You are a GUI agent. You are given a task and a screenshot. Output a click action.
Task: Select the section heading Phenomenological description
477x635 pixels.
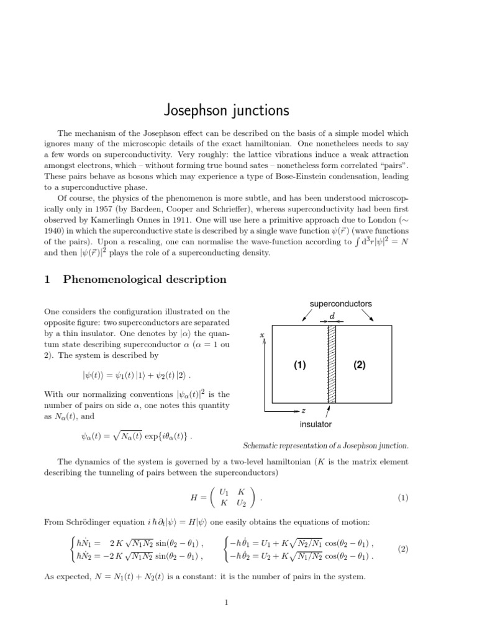[x=145, y=279]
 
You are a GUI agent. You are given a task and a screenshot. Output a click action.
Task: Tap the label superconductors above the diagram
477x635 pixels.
[x=340, y=304]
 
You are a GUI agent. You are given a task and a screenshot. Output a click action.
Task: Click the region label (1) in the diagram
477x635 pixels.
[x=300, y=365]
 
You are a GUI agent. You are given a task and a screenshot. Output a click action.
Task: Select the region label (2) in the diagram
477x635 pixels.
[x=360, y=365]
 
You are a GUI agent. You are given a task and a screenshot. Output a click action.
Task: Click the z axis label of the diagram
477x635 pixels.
[x=303, y=411]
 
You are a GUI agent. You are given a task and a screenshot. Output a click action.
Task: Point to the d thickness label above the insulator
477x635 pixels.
[x=332, y=315]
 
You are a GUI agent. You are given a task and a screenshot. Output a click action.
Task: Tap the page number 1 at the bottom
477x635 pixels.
[x=227, y=602]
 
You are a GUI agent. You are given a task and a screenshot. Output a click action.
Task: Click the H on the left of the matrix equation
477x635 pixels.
[x=193, y=497]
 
